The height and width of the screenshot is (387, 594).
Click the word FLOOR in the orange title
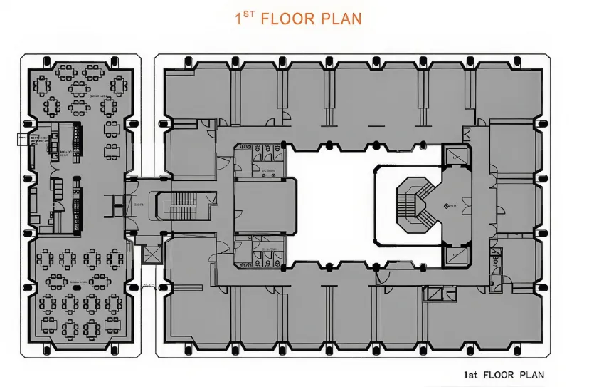287,19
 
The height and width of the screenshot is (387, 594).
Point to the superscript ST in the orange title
248,14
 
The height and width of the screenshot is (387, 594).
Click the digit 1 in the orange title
239,19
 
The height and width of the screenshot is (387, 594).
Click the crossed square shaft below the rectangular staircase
152,254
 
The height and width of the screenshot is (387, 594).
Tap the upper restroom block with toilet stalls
260,160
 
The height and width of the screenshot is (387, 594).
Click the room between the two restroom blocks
265,205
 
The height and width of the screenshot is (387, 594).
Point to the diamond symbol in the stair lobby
446,206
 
